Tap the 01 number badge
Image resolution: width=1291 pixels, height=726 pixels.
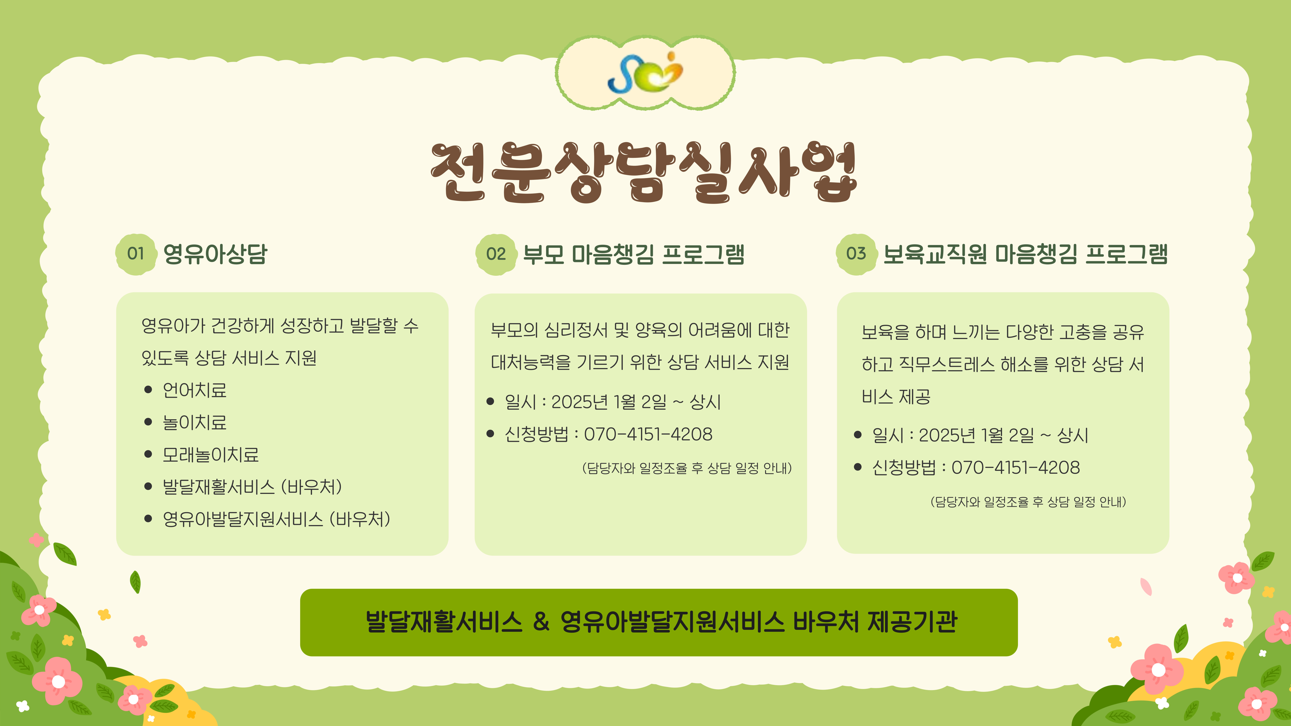pos(135,254)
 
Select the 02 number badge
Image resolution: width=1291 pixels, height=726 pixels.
pos(496,254)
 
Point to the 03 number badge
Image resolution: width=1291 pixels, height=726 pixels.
pos(856,254)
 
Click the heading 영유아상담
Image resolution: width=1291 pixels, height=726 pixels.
pos(216,254)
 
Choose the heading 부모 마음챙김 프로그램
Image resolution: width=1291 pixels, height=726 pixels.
pos(633,254)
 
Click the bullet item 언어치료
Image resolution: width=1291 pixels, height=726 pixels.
pos(195,390)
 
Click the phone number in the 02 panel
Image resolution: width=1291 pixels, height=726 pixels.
pos(648,434)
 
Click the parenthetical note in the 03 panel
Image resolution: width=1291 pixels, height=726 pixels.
pos(1028,502)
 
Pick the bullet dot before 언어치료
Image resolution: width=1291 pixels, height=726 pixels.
pos(148,390)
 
